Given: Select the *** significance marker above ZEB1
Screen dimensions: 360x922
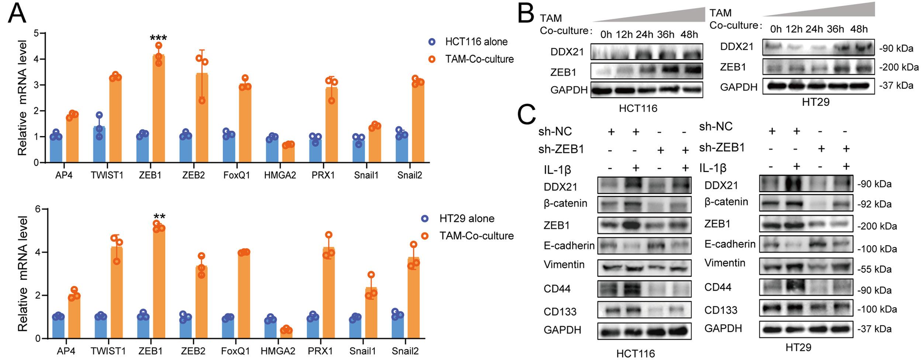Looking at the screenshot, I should tap(159, 38).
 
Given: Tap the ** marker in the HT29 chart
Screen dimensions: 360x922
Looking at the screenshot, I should tap(159, 217).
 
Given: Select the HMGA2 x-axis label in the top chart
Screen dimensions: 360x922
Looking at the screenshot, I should tap(280, 175).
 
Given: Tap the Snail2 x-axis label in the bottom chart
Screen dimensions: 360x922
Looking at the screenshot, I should tap(405, 351).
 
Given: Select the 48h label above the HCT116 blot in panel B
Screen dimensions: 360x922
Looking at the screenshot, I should tap(689, 35).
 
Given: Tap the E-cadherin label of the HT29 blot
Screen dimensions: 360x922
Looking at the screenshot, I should tap(730, 244).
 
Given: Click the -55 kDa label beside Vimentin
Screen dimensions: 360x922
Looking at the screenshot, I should tap(874, 269).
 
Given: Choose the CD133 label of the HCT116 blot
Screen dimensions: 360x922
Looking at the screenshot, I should tap(560, 312).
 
